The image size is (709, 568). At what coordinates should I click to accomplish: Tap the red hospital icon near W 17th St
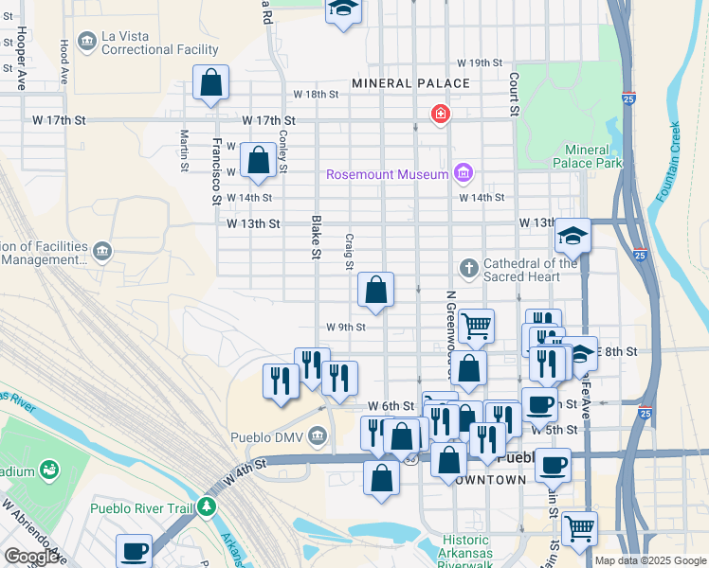(x=440, y=115)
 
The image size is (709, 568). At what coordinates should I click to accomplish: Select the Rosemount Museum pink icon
(x=463, y=172)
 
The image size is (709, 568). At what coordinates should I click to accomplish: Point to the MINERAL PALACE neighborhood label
(x=410, y=83)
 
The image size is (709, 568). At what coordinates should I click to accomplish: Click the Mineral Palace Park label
(x=593, y=156)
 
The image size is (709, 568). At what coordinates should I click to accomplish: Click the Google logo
(x=31, y=557)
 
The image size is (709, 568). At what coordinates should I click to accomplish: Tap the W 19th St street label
(x=479, y=62)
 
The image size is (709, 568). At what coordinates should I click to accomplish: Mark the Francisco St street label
(x=217, y=171)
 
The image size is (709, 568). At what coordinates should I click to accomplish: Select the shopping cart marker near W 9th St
(x=476, y=326)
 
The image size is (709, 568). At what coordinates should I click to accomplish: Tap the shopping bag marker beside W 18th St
(x=210, y=82)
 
